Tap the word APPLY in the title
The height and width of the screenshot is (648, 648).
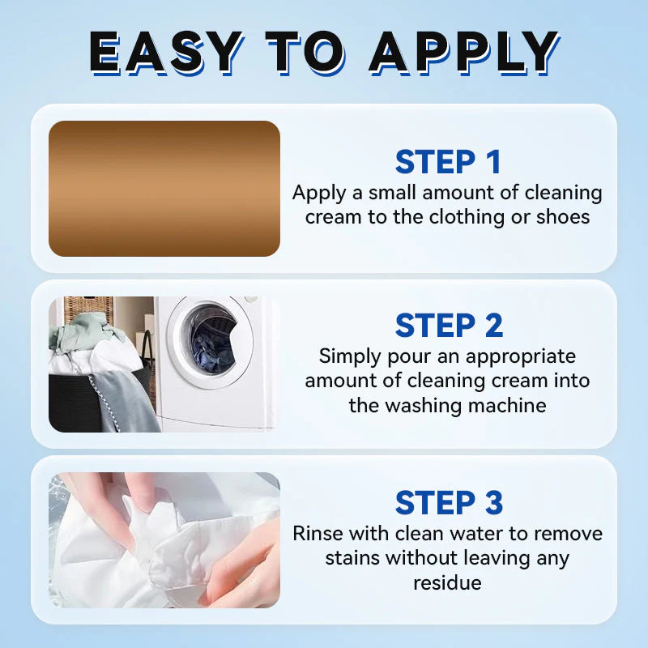pos(464,53)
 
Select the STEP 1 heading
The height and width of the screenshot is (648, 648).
pos(448,162)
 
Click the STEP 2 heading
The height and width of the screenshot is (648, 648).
pos(448,325)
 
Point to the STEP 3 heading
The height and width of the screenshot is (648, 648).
pos(448,502)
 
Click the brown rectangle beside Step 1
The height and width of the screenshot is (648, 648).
pos(164,189)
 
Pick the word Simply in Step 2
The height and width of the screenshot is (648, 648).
pos(350,356)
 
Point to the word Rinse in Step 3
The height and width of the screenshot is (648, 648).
pos(317,533)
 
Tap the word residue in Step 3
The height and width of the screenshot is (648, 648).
pos(447,582)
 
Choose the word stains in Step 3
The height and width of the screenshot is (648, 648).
pos(353,558)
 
